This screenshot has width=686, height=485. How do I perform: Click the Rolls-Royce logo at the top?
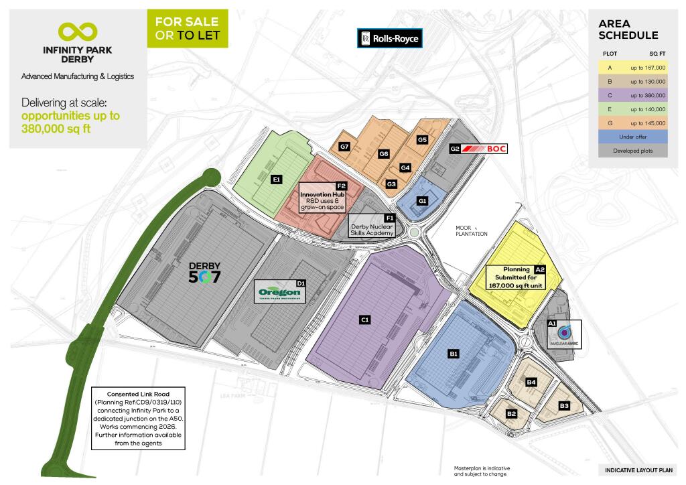[x=389, y=38]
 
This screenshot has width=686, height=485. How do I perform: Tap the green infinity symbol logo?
[x=78, y=31]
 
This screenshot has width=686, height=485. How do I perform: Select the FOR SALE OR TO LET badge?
[x=187, y=29]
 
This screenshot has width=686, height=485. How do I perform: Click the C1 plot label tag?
[x=365, y=320]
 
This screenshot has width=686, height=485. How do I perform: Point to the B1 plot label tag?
[x=454, y=353]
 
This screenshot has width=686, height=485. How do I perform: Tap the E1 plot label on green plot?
[x=275, y=180]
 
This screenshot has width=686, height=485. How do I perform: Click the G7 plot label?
[x=345, y=147]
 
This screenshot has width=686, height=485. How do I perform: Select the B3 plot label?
[x=564, y=406]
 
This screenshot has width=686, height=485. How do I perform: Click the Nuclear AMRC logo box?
[x=564, y=333]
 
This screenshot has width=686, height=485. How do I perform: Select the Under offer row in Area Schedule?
[x=633, y=137]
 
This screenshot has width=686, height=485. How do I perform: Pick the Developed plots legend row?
[x=633, y=151]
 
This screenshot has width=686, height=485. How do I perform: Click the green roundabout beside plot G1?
[x=415, y=233]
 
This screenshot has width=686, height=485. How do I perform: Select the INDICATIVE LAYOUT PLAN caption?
[x=638, y=470]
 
